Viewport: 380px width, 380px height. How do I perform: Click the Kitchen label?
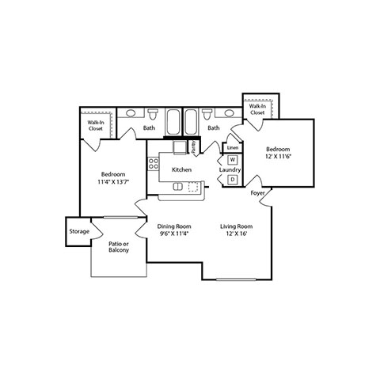181,169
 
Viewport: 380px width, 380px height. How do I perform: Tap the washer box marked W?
233,160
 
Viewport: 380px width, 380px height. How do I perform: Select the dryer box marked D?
233,180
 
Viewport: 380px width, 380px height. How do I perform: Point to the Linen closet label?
233,148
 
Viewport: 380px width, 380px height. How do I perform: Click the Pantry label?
193,147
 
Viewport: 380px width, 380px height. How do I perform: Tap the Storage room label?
79,231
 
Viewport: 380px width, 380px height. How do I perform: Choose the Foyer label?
257,193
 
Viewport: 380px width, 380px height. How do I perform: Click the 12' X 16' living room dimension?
237,234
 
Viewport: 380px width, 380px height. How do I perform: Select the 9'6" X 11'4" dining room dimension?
174,234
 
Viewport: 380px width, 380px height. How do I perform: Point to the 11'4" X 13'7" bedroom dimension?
113,181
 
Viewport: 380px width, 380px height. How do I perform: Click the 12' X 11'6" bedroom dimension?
278,156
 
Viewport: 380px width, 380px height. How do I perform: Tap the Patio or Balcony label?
119,247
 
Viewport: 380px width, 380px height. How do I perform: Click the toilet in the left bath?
153,114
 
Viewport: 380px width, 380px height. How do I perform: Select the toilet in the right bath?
207,114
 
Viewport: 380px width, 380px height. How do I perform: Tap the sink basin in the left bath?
131,113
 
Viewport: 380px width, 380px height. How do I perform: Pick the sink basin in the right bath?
229,113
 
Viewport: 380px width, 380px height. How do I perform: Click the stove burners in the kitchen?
154,164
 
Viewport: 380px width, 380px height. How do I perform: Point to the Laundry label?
230,169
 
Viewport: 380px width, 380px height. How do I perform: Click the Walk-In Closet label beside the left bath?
96,126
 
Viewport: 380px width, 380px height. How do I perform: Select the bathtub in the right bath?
191,122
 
